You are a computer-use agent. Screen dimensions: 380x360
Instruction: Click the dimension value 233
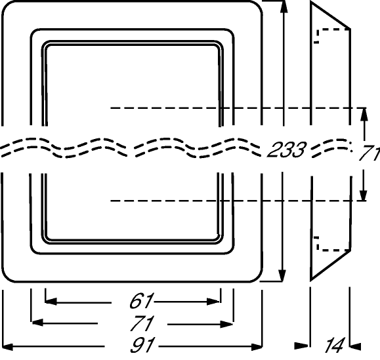(x=286, y=150)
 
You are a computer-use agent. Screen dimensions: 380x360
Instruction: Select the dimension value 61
(x=141, y=301)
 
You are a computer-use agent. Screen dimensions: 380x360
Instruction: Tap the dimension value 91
(x=142, y=345)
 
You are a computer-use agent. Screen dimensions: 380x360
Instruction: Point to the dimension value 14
(x=335, y=345)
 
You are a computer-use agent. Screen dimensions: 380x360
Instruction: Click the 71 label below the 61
(x=142, y=323)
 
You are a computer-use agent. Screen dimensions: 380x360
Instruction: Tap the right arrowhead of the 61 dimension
(x=213, y=302)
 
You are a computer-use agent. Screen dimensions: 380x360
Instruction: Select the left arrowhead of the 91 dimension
(x=7, y=347)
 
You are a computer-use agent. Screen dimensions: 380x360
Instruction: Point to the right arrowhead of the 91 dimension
(x=257, y=347)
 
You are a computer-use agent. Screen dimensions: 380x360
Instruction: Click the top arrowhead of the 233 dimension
(x=284, y=7)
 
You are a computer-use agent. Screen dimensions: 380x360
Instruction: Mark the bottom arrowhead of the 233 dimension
(x=282, y=275)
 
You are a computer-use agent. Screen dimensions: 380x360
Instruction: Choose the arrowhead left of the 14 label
(x=302, y=346)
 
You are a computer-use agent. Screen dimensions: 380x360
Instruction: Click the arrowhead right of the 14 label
(x=355, y=346)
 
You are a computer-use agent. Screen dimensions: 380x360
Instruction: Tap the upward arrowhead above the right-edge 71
(x=364, y=115)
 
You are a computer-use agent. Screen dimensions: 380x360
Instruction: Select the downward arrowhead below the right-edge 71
(x=363, y=195)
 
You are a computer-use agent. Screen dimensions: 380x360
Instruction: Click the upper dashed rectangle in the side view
(x=332, y=30)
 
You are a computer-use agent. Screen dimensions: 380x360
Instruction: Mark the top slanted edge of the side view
(x=330, y=16)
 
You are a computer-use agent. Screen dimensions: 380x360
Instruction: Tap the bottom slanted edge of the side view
(x=331, y=266)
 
